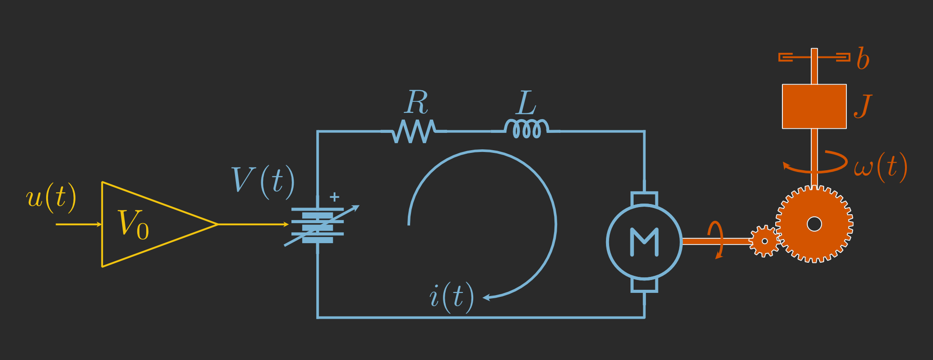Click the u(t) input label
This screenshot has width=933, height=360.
(51, 197)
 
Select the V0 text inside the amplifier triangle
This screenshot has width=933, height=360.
(133, 224)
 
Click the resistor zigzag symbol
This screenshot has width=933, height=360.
(414, 131)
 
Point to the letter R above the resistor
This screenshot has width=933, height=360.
(417, 103)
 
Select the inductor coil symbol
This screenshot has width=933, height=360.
(526, 129)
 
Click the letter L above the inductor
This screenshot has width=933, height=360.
(526, 103)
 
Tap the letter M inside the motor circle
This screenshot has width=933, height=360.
(644, 242)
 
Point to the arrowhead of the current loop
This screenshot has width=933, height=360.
(486, 297)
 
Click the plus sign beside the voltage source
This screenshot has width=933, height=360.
(335, 196)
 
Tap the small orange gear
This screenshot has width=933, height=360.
(764, 241)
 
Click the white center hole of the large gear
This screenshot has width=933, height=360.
(814, 224)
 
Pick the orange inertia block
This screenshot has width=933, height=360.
(814, 106)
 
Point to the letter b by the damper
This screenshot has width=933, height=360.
(863, 59)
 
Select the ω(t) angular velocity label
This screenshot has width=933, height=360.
(880, 167)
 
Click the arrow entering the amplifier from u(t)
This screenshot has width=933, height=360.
(79, 224)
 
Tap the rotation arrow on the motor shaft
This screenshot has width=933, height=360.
(716, 240)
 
